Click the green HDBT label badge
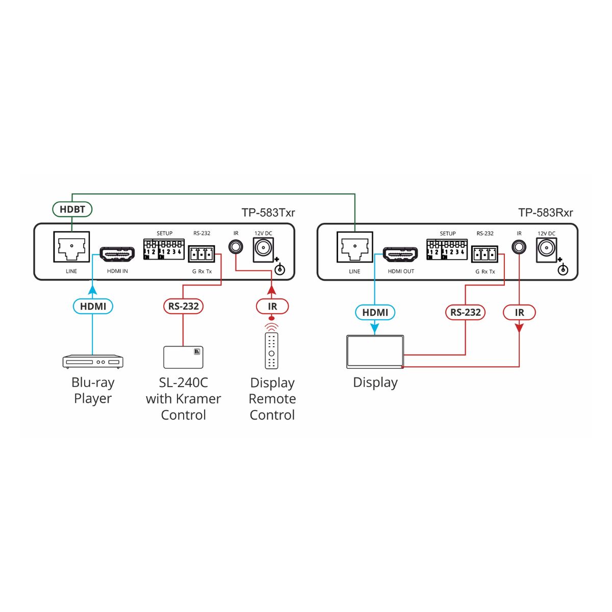tap(72, 209)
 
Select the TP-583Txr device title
tap(268, 213)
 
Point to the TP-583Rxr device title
tap(545, 213)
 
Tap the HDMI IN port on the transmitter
tap(117, 254)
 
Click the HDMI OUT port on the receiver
tap(400, 254)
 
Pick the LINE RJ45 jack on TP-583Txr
tap(71, 247)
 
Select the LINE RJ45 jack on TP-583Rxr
tap(355, 247)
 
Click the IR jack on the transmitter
tap(236, 246)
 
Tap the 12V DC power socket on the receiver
tap(546, 250)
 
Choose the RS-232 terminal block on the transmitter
tap(201, 254)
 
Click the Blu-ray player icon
tap(93, 362)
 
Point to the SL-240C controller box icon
tap(183, 357)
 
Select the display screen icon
tap(375, 352)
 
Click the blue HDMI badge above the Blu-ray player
tap(93, 306)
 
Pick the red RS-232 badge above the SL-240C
tap(183, 306)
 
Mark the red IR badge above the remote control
tap(272, 306)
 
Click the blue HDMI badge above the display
tap(375, 312)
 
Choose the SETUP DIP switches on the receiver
tap(447, 249)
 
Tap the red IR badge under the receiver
tap(519, 312)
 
